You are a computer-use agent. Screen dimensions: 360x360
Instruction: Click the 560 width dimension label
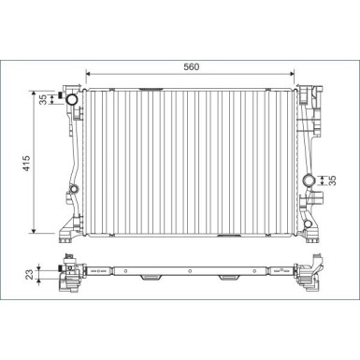tap(191, 66)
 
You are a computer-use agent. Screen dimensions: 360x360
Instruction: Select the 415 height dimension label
tap(26, 163)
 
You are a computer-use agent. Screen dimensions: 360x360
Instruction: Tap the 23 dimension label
tap(29, 274)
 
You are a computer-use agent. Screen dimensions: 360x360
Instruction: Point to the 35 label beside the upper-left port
tap(44, 99)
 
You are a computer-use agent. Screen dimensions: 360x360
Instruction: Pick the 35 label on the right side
tap(333, 180)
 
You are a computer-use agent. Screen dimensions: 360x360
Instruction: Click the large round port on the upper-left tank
tap(73, 99)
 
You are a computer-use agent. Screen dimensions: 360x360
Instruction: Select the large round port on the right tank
tap(309, 180)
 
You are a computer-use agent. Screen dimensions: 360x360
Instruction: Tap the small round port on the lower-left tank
tap(74, 189)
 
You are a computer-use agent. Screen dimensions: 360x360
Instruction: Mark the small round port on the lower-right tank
tap(308, 223)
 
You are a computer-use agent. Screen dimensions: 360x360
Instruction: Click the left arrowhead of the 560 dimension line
tap(88, 74)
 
